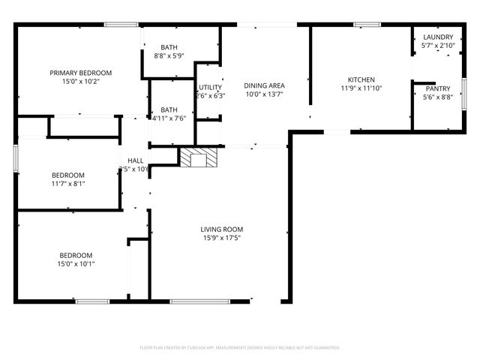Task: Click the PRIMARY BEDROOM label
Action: [x=80, y=73]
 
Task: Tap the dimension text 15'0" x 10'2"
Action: [x=80, y=82]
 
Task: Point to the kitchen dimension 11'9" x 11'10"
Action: [x=361, y=88]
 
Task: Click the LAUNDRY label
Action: [x=437, y=37]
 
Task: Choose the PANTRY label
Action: [x=437, y=88]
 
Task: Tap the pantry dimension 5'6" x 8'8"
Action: [x=437, y=97]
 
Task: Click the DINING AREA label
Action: [x=265, y=85]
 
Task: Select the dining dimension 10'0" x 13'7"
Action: [x=265, y=94]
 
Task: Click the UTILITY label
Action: [x=210, y=87]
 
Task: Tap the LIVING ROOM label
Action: [x=221, y=229]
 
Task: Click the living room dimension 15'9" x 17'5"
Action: [x=221, y=238]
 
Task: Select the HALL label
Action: [x=136, y=160]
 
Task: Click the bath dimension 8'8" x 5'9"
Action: [x=169, y=55]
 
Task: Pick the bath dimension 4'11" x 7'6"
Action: [x=169, y=118]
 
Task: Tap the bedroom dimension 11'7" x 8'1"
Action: [x=68, y=183]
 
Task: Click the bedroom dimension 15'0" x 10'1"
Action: [x=76, y=263]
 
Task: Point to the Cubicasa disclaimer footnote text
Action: [x=240, y=347]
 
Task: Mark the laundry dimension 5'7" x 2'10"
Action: [x=437, y=46]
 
